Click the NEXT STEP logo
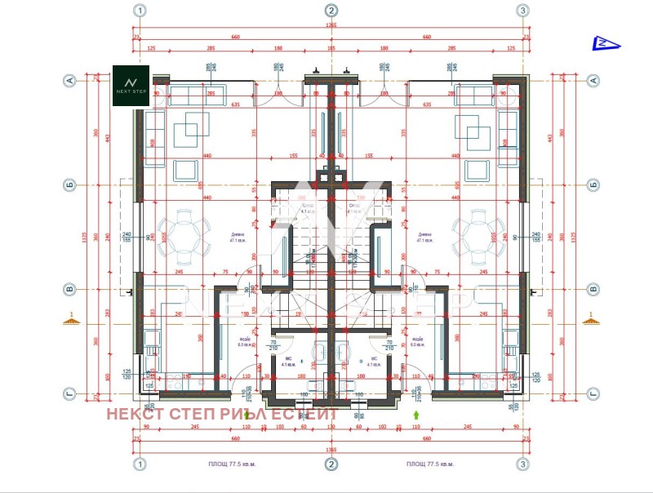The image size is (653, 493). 131,85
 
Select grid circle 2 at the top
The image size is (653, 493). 331,11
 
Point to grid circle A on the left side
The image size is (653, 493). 70,80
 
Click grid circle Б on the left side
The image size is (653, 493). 70,184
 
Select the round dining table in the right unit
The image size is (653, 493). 478,233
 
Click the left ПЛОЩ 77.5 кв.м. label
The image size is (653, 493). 233,464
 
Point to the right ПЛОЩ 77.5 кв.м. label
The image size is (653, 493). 429,464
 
